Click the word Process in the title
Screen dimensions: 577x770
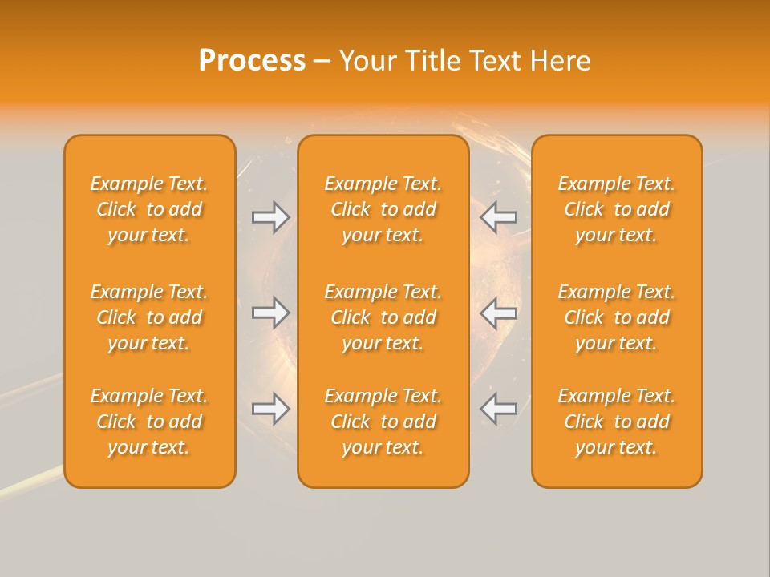pyautogui.click(x=252, y=61)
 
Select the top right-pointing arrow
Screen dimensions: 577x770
pyautogui.click(x=271, y=217)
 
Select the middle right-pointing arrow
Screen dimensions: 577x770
pyautogui.click(x=271, y=313)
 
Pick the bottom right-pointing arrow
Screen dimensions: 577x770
pyautogui.click(x=271, y=409)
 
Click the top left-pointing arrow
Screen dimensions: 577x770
pyautogui.click(x=499, y=217)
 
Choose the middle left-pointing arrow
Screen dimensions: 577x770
pyautogui.click(x=499, y=313)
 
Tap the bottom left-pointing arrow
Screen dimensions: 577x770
pyautogui.click(x=499, y=409)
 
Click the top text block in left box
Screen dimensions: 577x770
pyautogui.click(x=149, y=209)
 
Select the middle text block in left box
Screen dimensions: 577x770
pyautogui.click(x=149, y=317)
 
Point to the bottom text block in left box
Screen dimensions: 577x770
pyautogui.click(x=149, y=422)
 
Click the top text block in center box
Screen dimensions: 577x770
pyautogui.click(x=383, y=209)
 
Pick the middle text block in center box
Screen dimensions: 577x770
pyautogui.click(x=383, y=317)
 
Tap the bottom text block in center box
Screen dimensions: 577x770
pyautogui.click(x=383, y=422)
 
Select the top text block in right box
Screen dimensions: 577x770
pyautogui.click(x=617, y=209)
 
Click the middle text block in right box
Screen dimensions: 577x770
pyautogui.click(x=617, y=317)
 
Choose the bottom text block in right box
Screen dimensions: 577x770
pyautogui.click(x=617, y=422)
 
